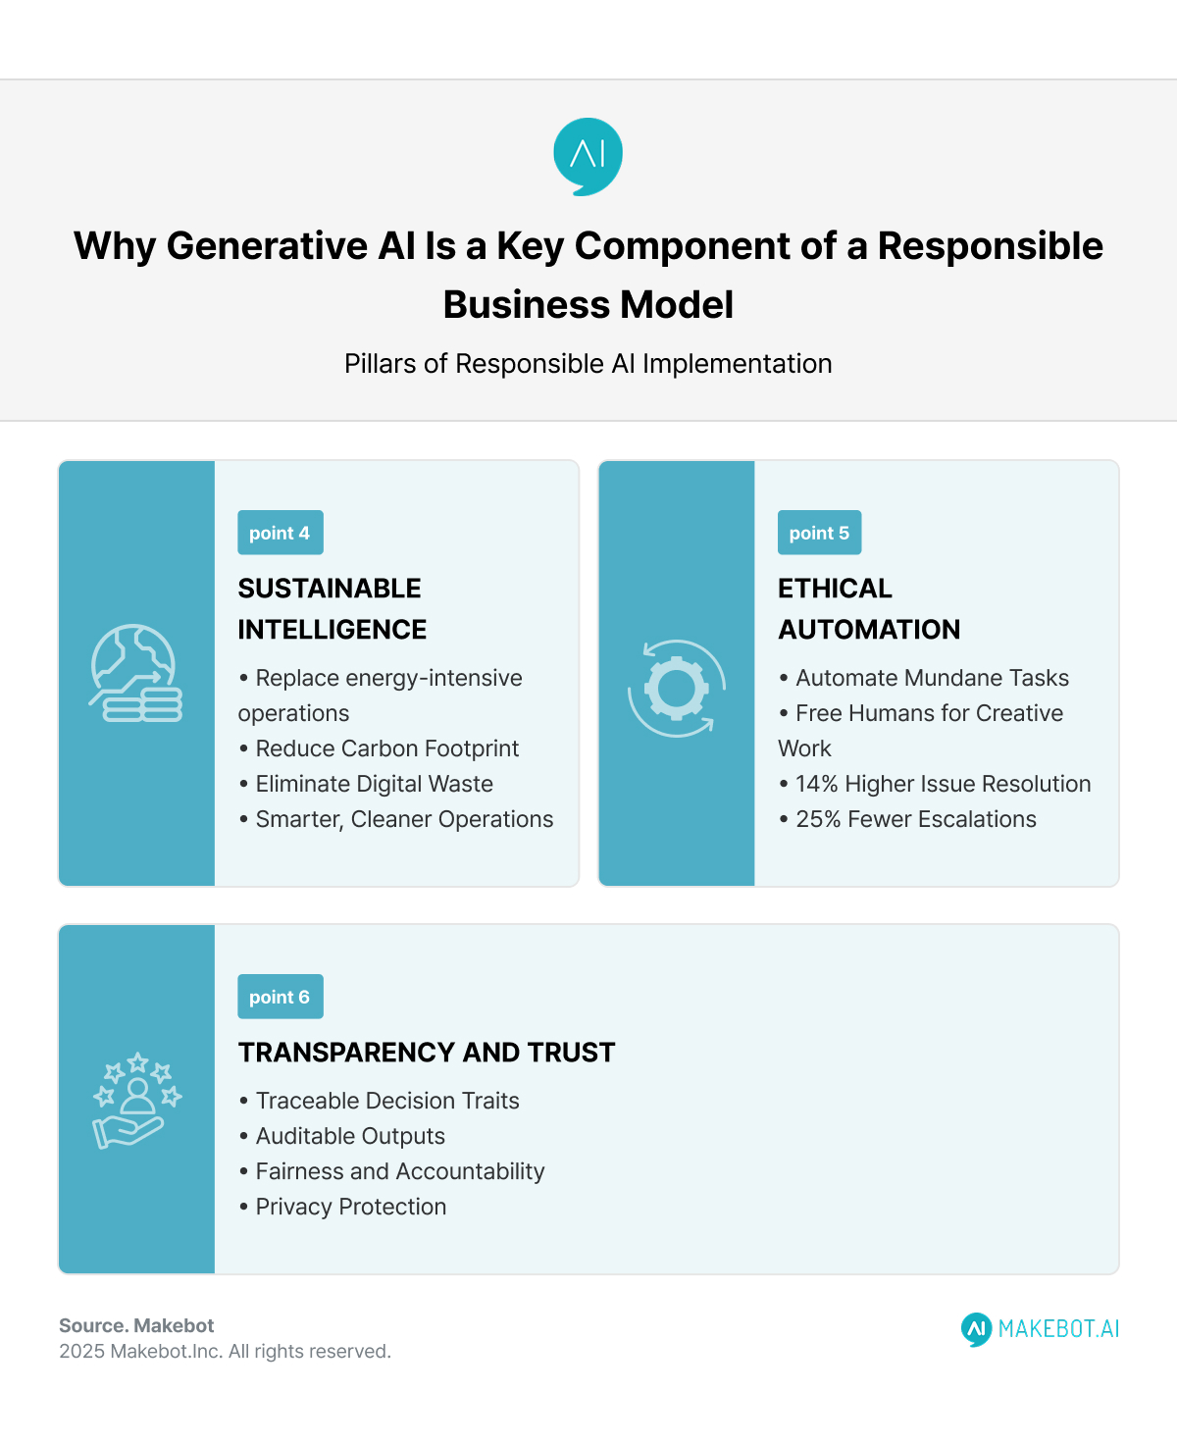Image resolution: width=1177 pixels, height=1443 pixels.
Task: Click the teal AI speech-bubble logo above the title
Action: pos(588,156)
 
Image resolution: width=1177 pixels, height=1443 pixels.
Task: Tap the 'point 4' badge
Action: pos(280,533)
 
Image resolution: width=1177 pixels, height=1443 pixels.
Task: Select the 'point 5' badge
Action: pos(819,533)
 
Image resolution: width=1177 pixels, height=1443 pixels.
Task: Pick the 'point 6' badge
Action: pos(280,997)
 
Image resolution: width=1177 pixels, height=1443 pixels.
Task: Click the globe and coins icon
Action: pos(136,673)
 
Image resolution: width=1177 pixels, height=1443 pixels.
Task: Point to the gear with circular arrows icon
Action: pos(677,688)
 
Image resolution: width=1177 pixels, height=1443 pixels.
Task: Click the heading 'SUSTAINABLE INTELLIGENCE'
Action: pos(332,608)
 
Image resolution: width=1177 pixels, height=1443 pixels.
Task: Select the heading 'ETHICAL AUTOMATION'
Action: pos(869,608)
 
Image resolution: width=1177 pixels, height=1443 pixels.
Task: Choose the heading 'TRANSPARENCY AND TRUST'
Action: pos(427,1053)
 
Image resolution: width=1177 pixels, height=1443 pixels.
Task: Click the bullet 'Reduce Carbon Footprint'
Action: pos(386,748)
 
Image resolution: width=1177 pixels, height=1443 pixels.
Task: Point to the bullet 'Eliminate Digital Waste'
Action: pos(374,784)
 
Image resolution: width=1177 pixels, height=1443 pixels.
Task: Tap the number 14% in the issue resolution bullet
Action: pos(816,784)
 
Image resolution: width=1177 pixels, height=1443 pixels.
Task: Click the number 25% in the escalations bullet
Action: pos(818,819)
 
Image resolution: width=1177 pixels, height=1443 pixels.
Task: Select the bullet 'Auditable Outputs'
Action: pos(350,1136)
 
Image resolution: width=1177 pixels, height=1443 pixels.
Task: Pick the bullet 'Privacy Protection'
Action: pos(350,1207)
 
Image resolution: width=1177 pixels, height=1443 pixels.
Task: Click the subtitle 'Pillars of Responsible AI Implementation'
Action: pos(588,364)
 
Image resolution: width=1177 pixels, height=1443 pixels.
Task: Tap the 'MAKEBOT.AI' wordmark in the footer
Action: pos(1058,1329)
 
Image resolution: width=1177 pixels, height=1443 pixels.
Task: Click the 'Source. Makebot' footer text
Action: pos(136,1325)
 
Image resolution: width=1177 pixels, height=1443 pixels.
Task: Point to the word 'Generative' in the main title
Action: pos(266,246)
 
